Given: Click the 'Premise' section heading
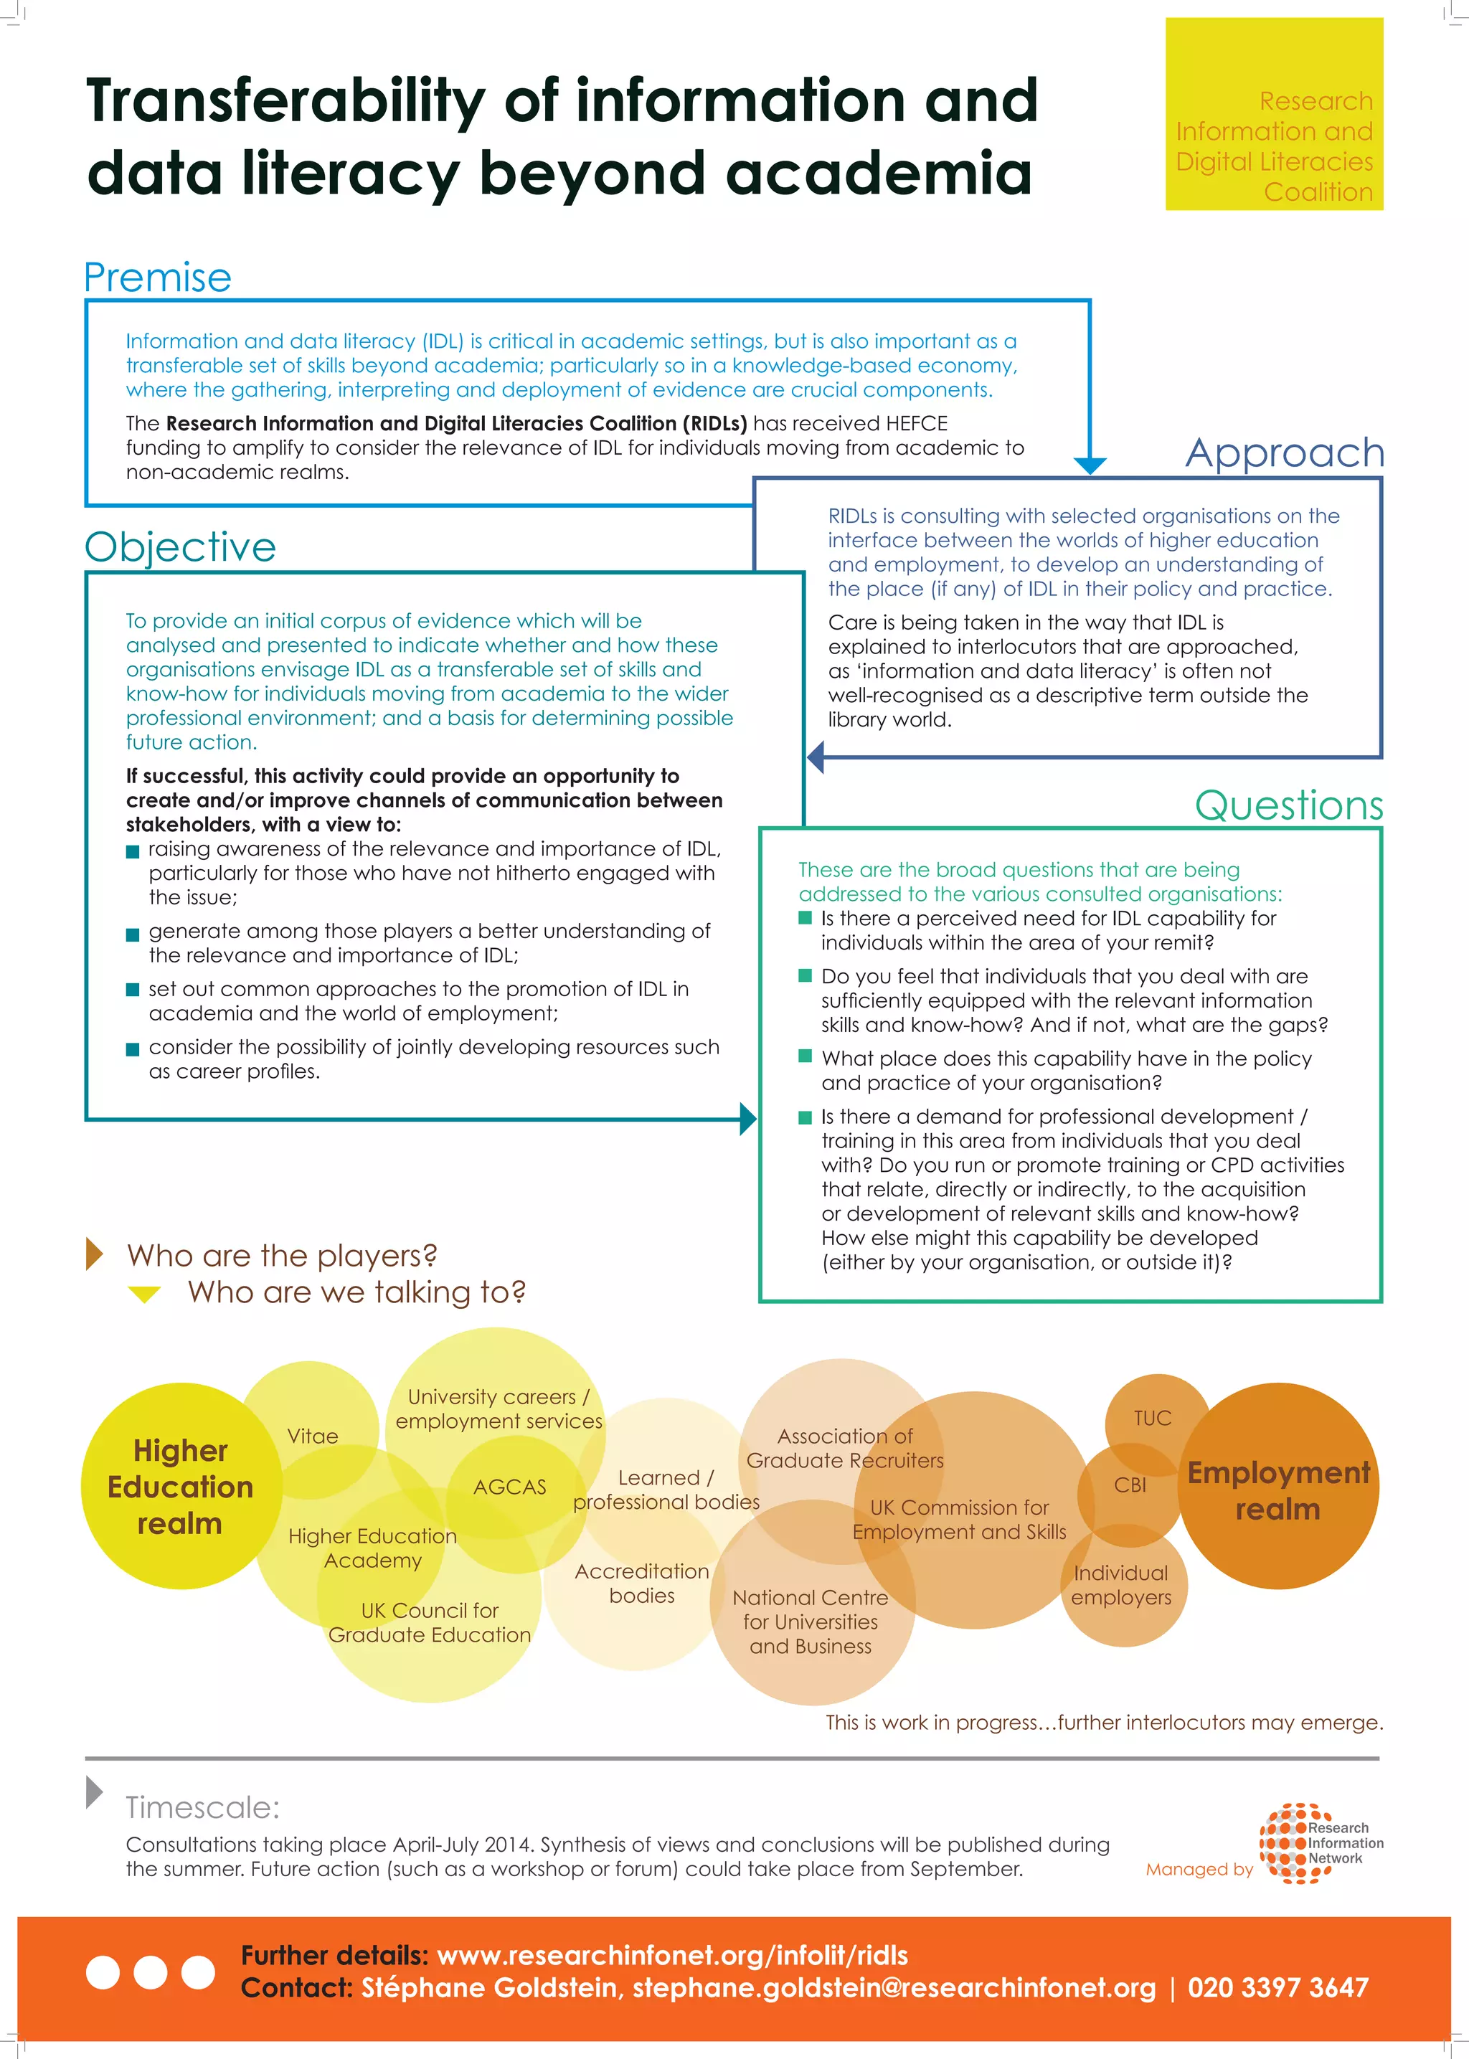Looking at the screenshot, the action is [x=157, y=278].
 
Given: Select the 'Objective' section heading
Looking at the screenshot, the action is [x=180, y=547].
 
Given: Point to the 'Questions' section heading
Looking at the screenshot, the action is [x=1289, y=805].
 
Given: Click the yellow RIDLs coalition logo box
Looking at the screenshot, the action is [x=1274, y=115].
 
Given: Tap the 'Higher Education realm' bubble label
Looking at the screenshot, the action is [x=180, y=1487].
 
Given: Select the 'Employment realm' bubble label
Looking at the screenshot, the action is [x=1278, y=1490].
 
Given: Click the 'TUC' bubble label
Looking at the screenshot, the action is [x=1153, y=1418].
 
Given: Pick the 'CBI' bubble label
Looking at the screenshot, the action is [x=1130, y=1485].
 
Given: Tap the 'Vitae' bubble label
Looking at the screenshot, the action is [x=312, y=1436].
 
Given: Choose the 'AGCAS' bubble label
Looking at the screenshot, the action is [x=509, y=1487].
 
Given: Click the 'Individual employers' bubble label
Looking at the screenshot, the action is [x=1120, y=1585].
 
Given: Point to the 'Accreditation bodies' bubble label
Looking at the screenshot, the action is [x=641, y=1584].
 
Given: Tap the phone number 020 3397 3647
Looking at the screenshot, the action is [x=1277, y=1987].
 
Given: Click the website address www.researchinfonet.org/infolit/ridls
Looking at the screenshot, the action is [x=672, y=1955].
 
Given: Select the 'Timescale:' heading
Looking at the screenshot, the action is [x=202, y=1807].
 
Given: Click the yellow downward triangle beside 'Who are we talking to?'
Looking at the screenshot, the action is [x=145, y=1294].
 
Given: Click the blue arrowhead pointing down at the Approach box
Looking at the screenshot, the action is [x=1090, y=465].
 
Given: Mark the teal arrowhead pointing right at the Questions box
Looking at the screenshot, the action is [x=748, y=1119].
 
